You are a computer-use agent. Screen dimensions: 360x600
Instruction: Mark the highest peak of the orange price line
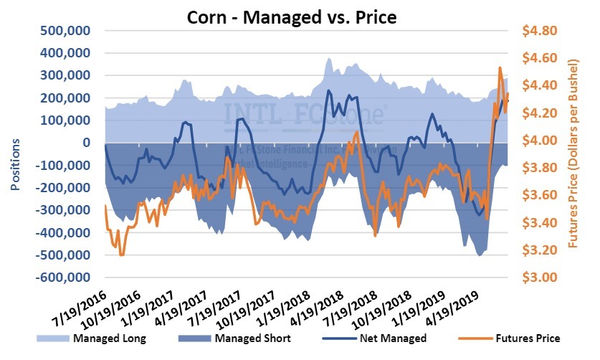[x=500, y=68]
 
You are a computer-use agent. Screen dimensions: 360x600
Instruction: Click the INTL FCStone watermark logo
[x=305, y=113]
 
